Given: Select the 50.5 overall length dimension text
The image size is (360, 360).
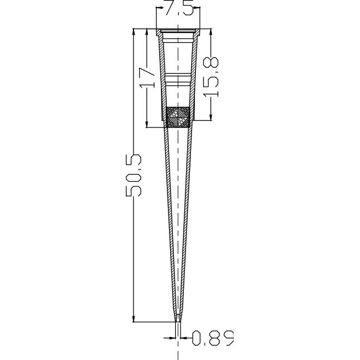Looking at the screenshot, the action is click(x=133, y=176).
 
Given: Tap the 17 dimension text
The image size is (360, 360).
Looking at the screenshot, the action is click(x=147, y=78).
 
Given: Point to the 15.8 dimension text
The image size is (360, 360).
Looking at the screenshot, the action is click(x=211, y=77).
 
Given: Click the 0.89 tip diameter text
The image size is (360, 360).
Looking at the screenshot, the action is click(x=213, y=338).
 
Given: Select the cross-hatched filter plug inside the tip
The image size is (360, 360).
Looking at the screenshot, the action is click(x=178, y=117).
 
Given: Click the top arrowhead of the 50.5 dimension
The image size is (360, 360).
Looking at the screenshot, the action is click(x=133, y=32).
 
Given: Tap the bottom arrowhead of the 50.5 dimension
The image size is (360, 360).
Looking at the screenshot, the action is click(x=133, y=318).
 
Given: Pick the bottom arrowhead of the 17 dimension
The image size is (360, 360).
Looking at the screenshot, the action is click(x=147, y=124).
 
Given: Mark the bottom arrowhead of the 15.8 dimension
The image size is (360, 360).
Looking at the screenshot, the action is click(x=211, y=117).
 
